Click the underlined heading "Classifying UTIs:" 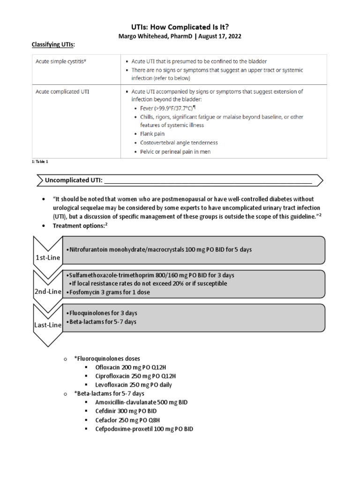click(x=53, y=44)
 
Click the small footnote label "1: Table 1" click(x=39, y=161)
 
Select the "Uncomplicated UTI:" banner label click(x=73, y=180)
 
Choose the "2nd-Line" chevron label click(x=47, y=292)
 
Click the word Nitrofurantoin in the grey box click(x=87, y=249)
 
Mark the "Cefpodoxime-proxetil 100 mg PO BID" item click(x=144, y=429)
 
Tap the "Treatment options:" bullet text click(x=80, y=225)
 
